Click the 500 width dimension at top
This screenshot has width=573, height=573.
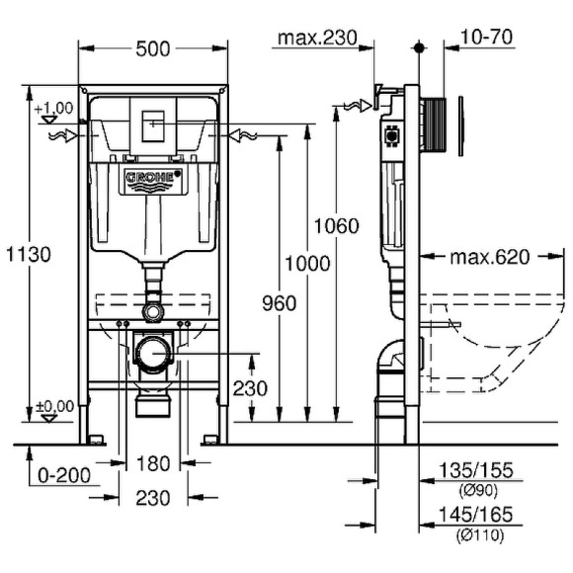[153, 47]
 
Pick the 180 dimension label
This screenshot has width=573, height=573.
[150, 463]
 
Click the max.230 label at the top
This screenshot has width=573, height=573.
[316, 39]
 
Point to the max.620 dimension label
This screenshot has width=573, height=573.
[490, 258]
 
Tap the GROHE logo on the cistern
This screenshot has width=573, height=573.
[153, 178]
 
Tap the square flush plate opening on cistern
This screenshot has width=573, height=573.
[153, 126]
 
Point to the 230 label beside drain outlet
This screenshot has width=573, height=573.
[250, 388]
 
